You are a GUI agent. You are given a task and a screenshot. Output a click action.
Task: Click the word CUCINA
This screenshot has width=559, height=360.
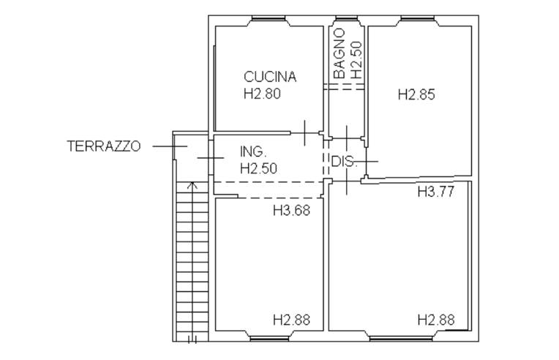point(270,77)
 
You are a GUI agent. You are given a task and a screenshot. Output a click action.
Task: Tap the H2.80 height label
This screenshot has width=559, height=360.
point(262,94)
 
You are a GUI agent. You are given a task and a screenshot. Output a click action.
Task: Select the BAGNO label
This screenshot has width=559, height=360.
point(339,53)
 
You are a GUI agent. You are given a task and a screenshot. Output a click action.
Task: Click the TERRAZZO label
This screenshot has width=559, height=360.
point(104,146)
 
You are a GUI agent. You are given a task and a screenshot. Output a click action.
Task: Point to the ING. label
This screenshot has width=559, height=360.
point(253,151)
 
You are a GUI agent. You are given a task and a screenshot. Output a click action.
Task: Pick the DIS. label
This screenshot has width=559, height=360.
point(343,162)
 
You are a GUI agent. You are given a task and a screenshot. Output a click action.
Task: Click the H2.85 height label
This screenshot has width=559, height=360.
point(416,94)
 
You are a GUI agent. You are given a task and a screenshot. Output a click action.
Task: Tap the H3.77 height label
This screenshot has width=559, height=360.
point(436,192)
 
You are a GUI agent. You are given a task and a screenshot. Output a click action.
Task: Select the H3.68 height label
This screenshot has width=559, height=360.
point(292,210)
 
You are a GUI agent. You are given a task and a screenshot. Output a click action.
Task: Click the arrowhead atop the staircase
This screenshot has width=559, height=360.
point(192,184)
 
